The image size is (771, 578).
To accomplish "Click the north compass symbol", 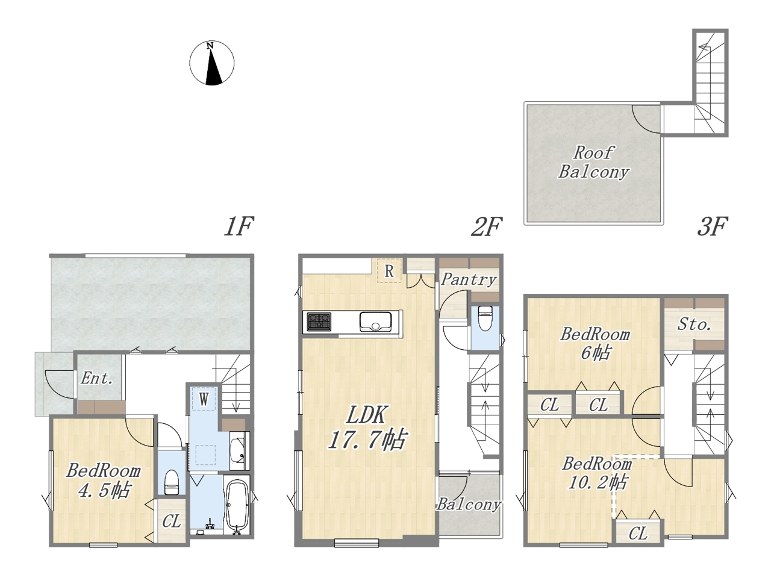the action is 211,63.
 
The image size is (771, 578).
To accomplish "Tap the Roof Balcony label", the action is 593,163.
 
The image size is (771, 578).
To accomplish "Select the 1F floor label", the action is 239,226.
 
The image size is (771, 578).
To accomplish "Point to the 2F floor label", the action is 487,226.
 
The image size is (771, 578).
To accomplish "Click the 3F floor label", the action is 711,226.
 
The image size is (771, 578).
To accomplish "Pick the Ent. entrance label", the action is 96,378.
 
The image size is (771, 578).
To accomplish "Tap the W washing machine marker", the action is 204,399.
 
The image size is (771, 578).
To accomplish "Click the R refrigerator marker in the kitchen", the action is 389,271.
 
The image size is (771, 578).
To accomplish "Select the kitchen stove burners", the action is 319,322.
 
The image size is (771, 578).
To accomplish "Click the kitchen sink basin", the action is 375,321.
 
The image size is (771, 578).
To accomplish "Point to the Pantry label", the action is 469,280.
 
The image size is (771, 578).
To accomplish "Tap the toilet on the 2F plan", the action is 485,318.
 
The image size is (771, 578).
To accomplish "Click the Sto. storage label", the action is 695,325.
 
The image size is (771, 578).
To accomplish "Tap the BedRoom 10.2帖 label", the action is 597,473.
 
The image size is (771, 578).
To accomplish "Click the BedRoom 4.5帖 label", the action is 104,480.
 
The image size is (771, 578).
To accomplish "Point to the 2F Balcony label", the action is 469,505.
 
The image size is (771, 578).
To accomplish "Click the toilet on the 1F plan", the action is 172,482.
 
